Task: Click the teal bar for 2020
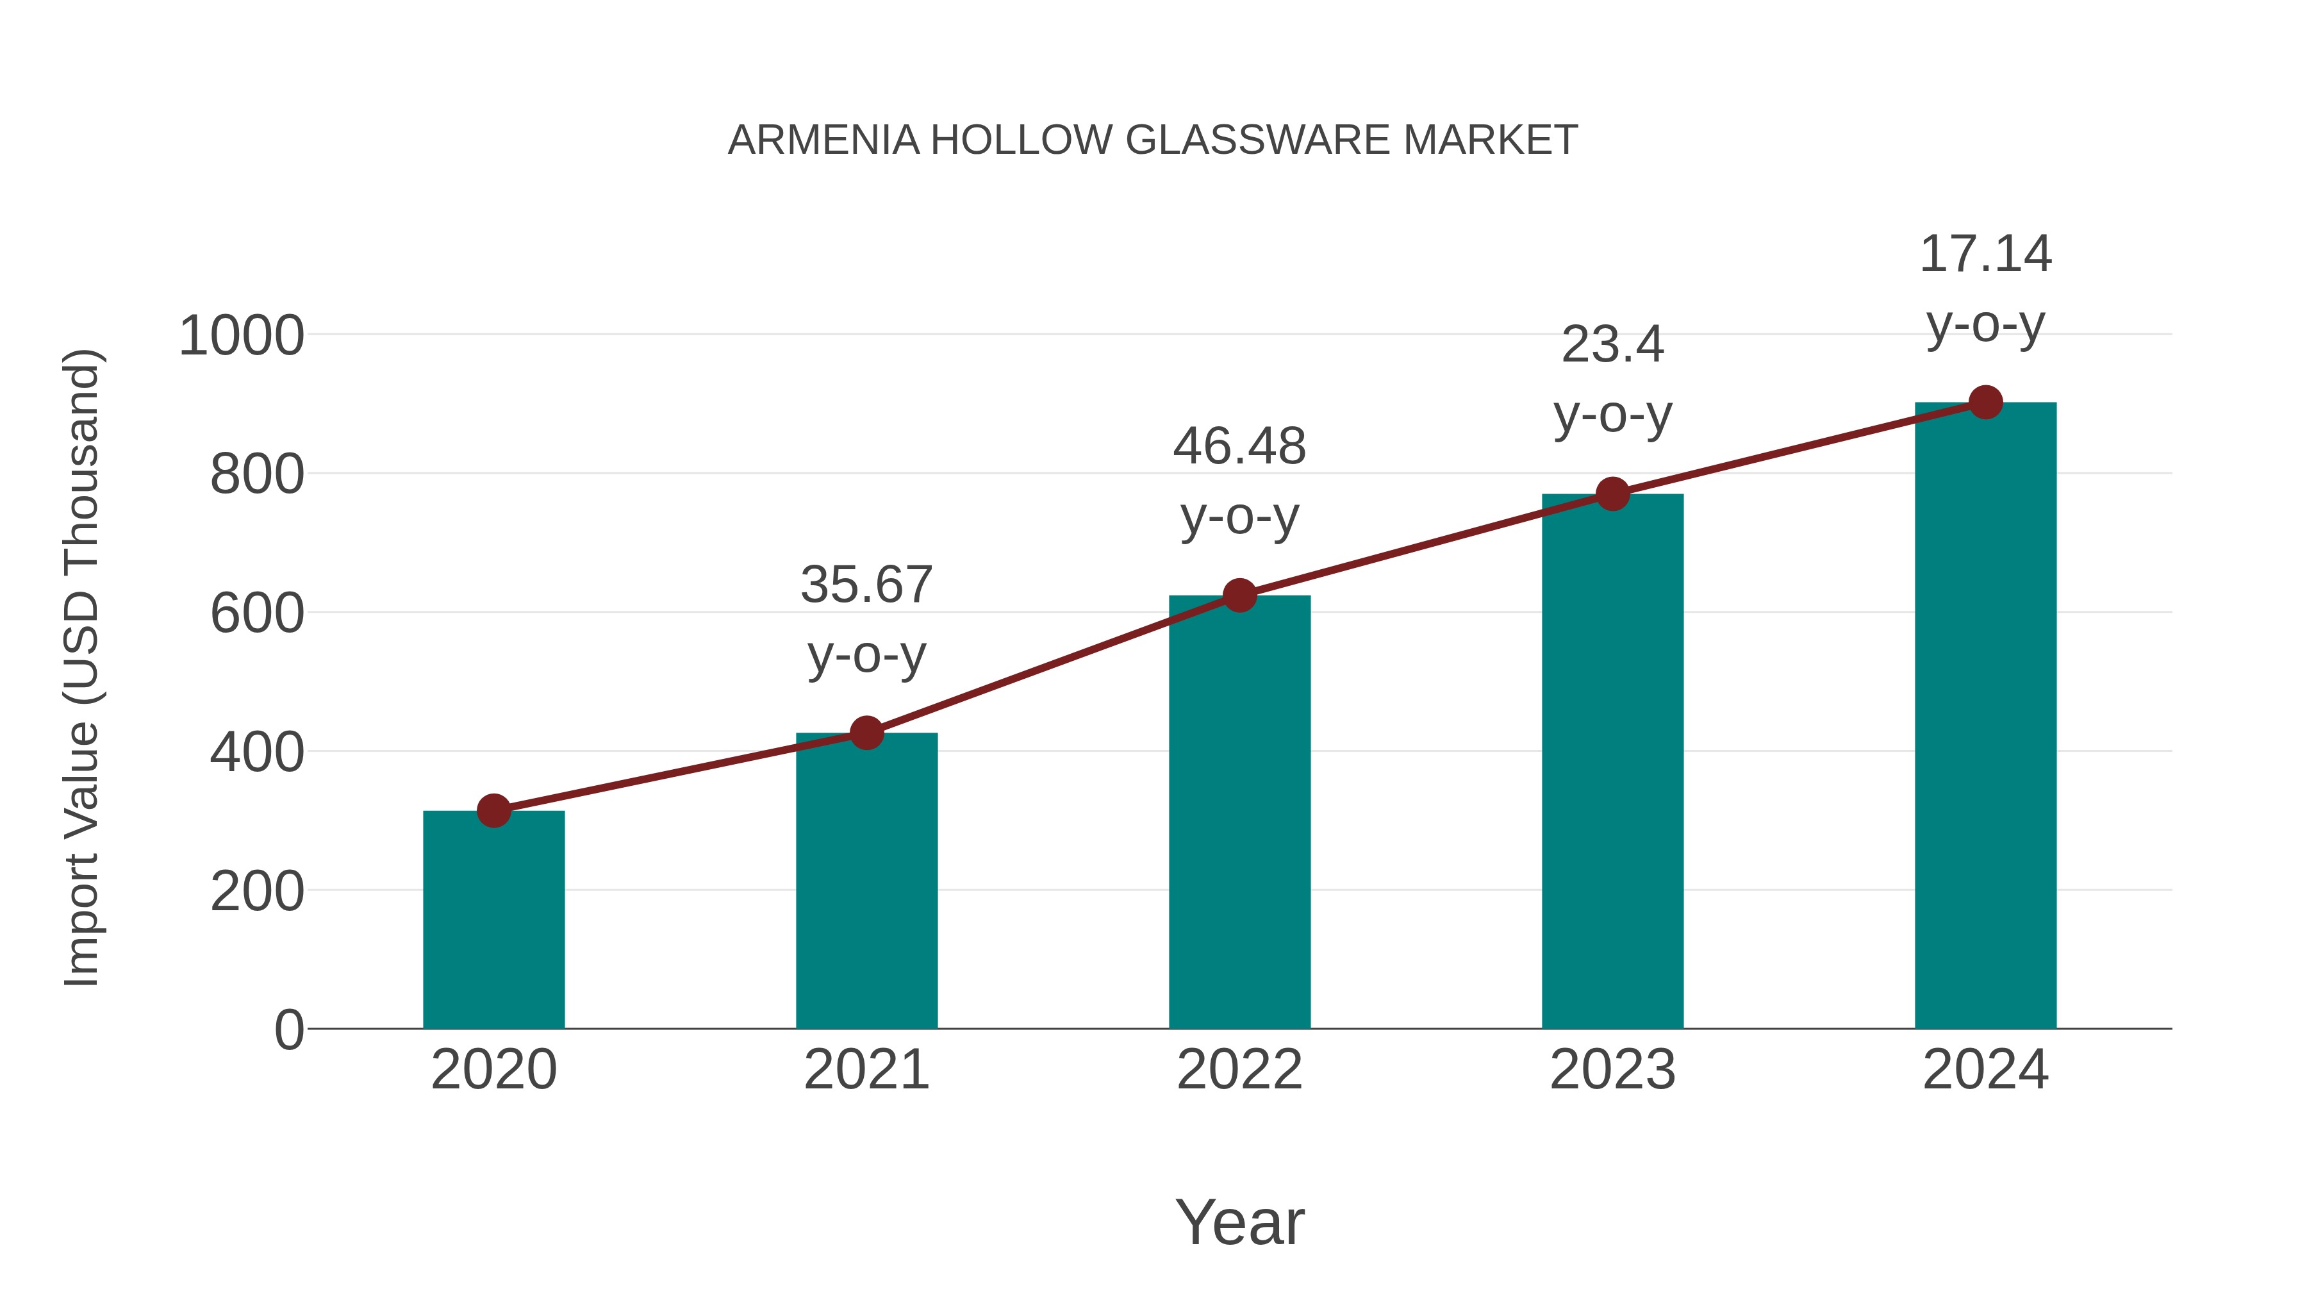pyautogui.click(x=493, y=922)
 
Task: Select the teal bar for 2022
pyautogui.click(x=1239, y=815)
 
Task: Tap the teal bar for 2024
pyautogui.click(x=1985, y=717)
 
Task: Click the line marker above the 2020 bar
pyautogui.click(x=493, y=811)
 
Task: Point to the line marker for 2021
pyautogui.click(x=866, y=733)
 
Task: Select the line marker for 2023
pyautogui.click(x=1612, y=494)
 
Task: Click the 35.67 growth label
pyautogui.click(x=866, y=585)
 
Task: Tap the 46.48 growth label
pyautogui.click(x=1239, y=446)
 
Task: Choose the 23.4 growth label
pyautogui.click(x=1612, y=345)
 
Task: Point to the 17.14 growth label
pyautogui.click(x=1985, y=254)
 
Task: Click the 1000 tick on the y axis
pyautogui.click(x=242, y=337)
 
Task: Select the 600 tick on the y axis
pyautogui.click(x=257, y=615)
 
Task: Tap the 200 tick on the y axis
pyautogui.click(x=257, y=892)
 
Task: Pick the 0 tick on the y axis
pyautogui.click(x=289, y=1030)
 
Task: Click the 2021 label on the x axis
pyautogui.click(x=866, y=1070)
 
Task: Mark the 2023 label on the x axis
pyautogui.click(x=1612, y=1070)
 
